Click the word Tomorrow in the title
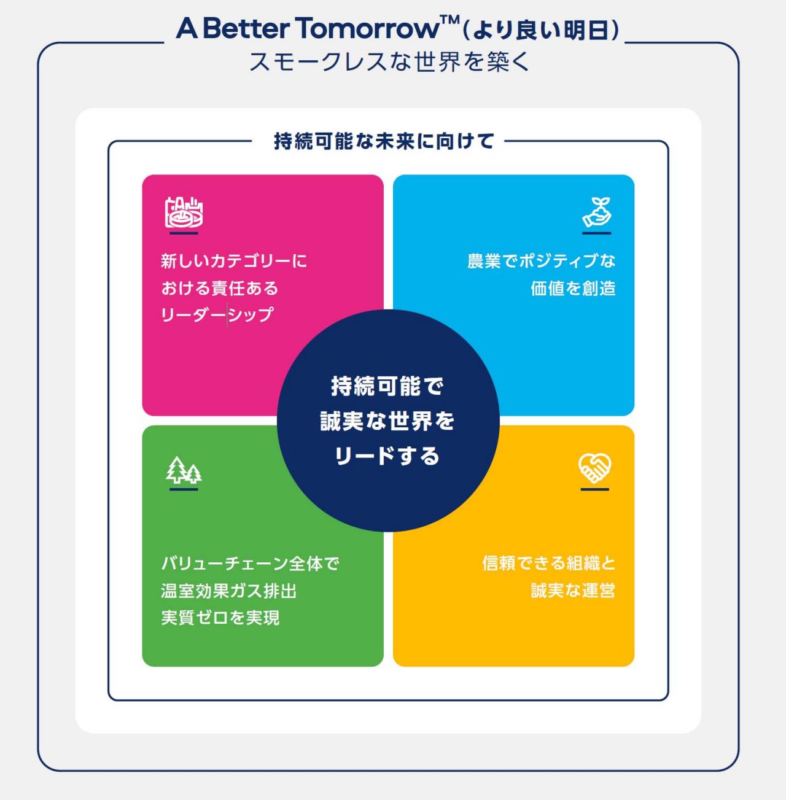tap(367, 28)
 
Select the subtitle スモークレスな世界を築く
tap(389, 62)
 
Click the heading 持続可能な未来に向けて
tap(384, 141)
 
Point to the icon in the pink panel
tap(184, 212)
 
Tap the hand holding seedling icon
tap(597, 212)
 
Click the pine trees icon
tap(184, 470)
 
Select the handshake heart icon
tap(594, 468)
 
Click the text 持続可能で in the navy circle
tap(387, 386)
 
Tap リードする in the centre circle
tap(387, 456)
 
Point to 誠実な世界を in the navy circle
tap(387, 421)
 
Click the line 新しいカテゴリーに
tap(234, 261)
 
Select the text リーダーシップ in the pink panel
tap(217, 315)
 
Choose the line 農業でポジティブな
tap(541, 261)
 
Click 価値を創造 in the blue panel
tap(573, 288)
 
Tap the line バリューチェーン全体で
tap(250, 564)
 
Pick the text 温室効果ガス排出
tap(229, 591)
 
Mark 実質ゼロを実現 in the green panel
tap(220, 618)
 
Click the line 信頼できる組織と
tap(548, 563)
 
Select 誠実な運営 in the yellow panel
tap(573, 591)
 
